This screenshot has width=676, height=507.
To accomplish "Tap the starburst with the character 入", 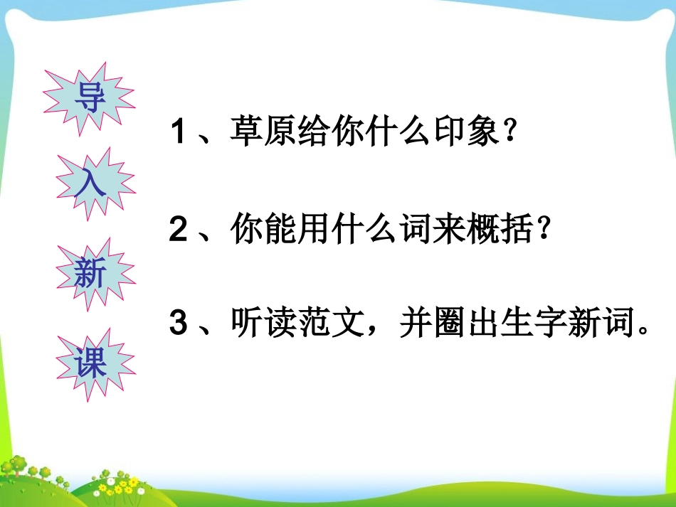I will click(x=92, y=183).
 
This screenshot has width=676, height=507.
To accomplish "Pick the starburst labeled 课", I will click(x=91, y=364).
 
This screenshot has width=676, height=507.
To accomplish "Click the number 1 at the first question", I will click(x=178, y=133).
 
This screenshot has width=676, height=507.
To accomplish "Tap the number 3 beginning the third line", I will click(x=178, y=324).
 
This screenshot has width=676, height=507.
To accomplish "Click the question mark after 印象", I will click(x=507, y=133).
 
